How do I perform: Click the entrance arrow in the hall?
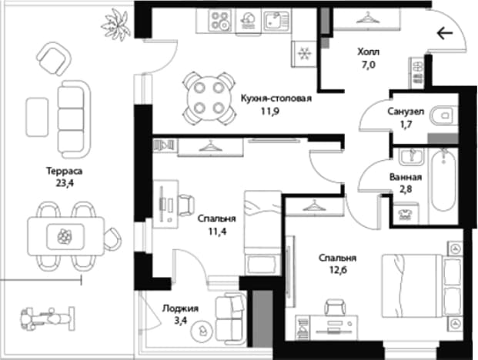click(x=445, y=33)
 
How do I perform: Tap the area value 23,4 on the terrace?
click(x=65, y=183)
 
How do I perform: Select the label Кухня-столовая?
click(x=276, y=98)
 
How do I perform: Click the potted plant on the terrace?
click(x=116, y=25)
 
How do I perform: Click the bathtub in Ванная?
click(x=444, y=180)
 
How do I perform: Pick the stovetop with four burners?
click(x=219, y=20)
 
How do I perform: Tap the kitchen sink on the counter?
click(x=276, y=20)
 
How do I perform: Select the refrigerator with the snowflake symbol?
click(x=304, y=54)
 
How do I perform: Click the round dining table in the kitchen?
click(x=209, y=98)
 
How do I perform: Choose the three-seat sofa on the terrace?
click(x=74, y=119)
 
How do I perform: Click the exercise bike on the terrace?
click(x=47, y=319)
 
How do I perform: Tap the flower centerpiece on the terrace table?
click(x=65, y=236)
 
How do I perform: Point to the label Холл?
click(x=369, y=52)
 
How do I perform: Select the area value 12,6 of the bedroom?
click(x=338, y=270)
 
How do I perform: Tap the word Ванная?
click(x=406, y=177)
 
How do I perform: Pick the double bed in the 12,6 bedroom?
click(x=422, y=285)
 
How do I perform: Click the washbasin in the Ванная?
click(x=412, y=156)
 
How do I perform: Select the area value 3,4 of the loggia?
click(x=181, y=321)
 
